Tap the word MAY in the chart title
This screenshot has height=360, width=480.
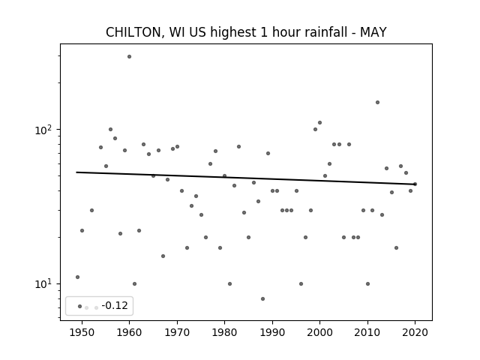[x=373, y=32]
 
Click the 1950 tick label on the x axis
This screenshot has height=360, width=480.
[x=82, y=332]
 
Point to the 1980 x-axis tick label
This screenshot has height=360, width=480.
[x=224, y=332]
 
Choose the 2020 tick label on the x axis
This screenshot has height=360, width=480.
[x=415, y=332]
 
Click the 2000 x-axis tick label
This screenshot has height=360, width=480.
[x=320, y=332]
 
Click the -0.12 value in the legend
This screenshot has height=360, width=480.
[x=115, y=305]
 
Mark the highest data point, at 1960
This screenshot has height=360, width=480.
[x=129, y=57]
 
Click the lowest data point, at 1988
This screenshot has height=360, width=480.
[x=262, y=298]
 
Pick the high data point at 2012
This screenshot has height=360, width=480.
[x=377, y=102]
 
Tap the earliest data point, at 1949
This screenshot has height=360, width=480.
[x=77, y=277]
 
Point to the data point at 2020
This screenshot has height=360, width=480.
[x=415, y=184]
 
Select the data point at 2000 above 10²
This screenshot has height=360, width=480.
[x=320, y=122]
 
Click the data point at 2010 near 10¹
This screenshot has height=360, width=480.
[x=367, y=283]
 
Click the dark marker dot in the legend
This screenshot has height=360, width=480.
[x=80, y=306]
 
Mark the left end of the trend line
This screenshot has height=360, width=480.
[x=76, y=172]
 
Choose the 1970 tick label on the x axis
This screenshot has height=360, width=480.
[x=177, y=332]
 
